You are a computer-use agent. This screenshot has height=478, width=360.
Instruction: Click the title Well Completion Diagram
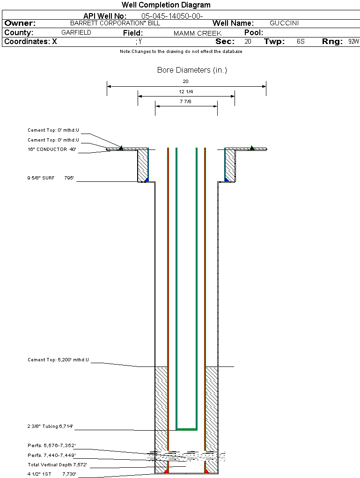[x=166, y=5]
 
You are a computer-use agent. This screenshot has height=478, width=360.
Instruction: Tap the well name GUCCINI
[x=284, y=23]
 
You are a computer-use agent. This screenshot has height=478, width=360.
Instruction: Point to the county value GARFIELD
[x=76, y=33]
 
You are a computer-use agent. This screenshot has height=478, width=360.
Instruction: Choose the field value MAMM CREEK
[x=197, y=33]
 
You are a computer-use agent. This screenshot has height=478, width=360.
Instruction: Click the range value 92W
[x=353, y=42]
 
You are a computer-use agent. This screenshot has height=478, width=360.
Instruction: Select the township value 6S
[x=301, y=42]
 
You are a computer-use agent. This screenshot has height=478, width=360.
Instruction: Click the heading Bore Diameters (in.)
[x=192, y=70]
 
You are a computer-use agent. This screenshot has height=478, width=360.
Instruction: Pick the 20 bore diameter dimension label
[x=185, y=81]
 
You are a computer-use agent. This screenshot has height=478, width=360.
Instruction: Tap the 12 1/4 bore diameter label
[x=186, y=91]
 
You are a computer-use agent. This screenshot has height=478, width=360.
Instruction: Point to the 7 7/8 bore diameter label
[x=186, y=101]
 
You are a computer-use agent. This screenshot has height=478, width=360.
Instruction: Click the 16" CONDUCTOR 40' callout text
[x=52, y=149]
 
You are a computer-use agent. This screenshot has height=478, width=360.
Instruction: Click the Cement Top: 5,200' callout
[x=58, y=360]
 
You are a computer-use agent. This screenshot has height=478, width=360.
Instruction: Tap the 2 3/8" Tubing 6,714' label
[x=50, y=426]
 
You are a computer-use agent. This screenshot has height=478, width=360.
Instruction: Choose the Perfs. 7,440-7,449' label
[x=51, y=455]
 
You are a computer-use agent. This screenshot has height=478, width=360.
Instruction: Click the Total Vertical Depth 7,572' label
[x=57, y=465]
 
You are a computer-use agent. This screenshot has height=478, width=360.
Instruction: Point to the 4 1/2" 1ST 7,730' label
[x=52, y=474]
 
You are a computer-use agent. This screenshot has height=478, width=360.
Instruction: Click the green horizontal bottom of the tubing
[x=186, y=429]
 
